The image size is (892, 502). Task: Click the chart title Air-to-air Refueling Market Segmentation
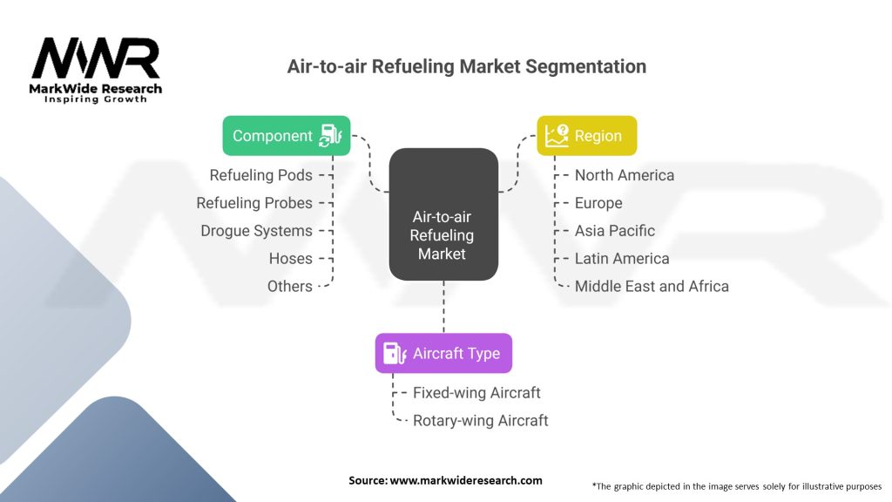[x=467, y=66]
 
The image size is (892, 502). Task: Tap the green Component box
[x=287, y=136]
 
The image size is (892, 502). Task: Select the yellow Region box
[x=586, y=136]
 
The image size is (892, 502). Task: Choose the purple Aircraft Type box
[x=443, y=354]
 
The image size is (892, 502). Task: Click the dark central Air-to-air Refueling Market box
[x=443, y=214]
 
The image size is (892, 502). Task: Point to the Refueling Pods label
[x=260, y=175]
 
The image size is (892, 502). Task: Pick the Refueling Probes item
[x=254, y=203]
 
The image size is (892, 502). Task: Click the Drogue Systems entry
[x=256, y=231]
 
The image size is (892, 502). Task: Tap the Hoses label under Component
[x=290, y=259]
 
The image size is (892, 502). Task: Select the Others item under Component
[x=289, y=286]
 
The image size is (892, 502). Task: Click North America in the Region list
[x=624, y=175]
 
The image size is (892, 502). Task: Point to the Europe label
[x=598, y=203]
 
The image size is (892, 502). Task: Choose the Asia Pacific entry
[x=614, y=231]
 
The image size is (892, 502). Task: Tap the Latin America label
[x=622, y=259]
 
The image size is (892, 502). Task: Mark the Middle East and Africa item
[x=652, y=286]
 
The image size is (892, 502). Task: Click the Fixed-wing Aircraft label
[x=476, y=393]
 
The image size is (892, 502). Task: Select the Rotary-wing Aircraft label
[x=480, y=421]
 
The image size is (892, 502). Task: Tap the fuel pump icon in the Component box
[x=332, y=136]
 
